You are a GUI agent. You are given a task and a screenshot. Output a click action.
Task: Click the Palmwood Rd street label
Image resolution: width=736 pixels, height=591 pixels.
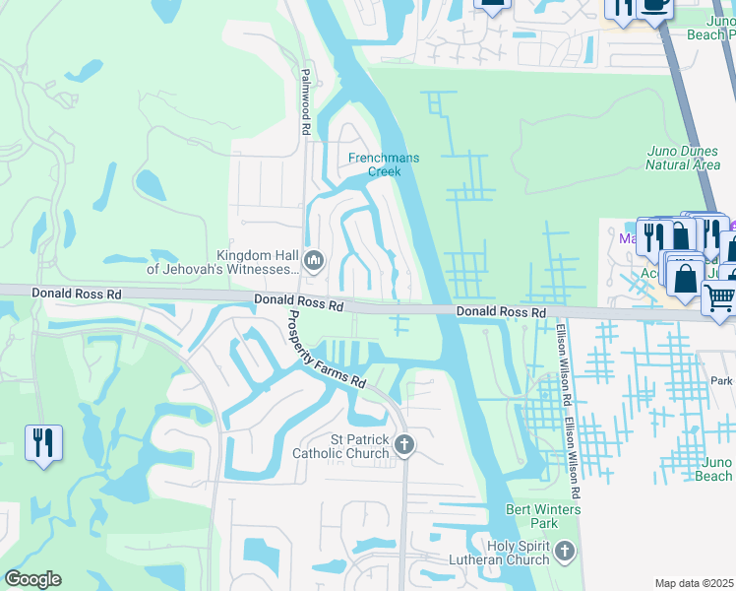pyautogui.click(x=306, y=101)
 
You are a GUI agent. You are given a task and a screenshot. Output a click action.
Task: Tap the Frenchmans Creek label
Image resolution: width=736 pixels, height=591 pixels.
pyautogui.click(x=375, y=164)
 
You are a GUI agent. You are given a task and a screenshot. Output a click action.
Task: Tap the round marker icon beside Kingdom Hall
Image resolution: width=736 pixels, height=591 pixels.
pyautogui.click(x=315, y=261)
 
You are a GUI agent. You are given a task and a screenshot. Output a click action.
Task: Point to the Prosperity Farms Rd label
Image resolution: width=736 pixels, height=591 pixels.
pyautogui.click(x=327, y=350)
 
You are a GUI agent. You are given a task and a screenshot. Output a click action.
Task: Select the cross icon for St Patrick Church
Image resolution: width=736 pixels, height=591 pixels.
pyautogui.click(x=403, y=446)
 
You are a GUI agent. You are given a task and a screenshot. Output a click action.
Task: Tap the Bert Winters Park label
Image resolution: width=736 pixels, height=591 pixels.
pyautogui.click(x=543, y=516)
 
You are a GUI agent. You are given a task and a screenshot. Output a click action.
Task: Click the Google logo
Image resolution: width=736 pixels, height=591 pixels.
pyautogui.click(x=32, y=579)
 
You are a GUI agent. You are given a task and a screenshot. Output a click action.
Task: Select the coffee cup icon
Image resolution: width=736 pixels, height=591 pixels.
pyautogui.click(x=653, y=5)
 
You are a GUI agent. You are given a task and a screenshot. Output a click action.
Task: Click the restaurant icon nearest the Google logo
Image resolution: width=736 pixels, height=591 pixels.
pyautogui.click(x=43, y=442)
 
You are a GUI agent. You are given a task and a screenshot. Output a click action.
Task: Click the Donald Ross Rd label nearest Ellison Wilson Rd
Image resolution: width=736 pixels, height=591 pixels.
pyautogui.click(x=501, y=311)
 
